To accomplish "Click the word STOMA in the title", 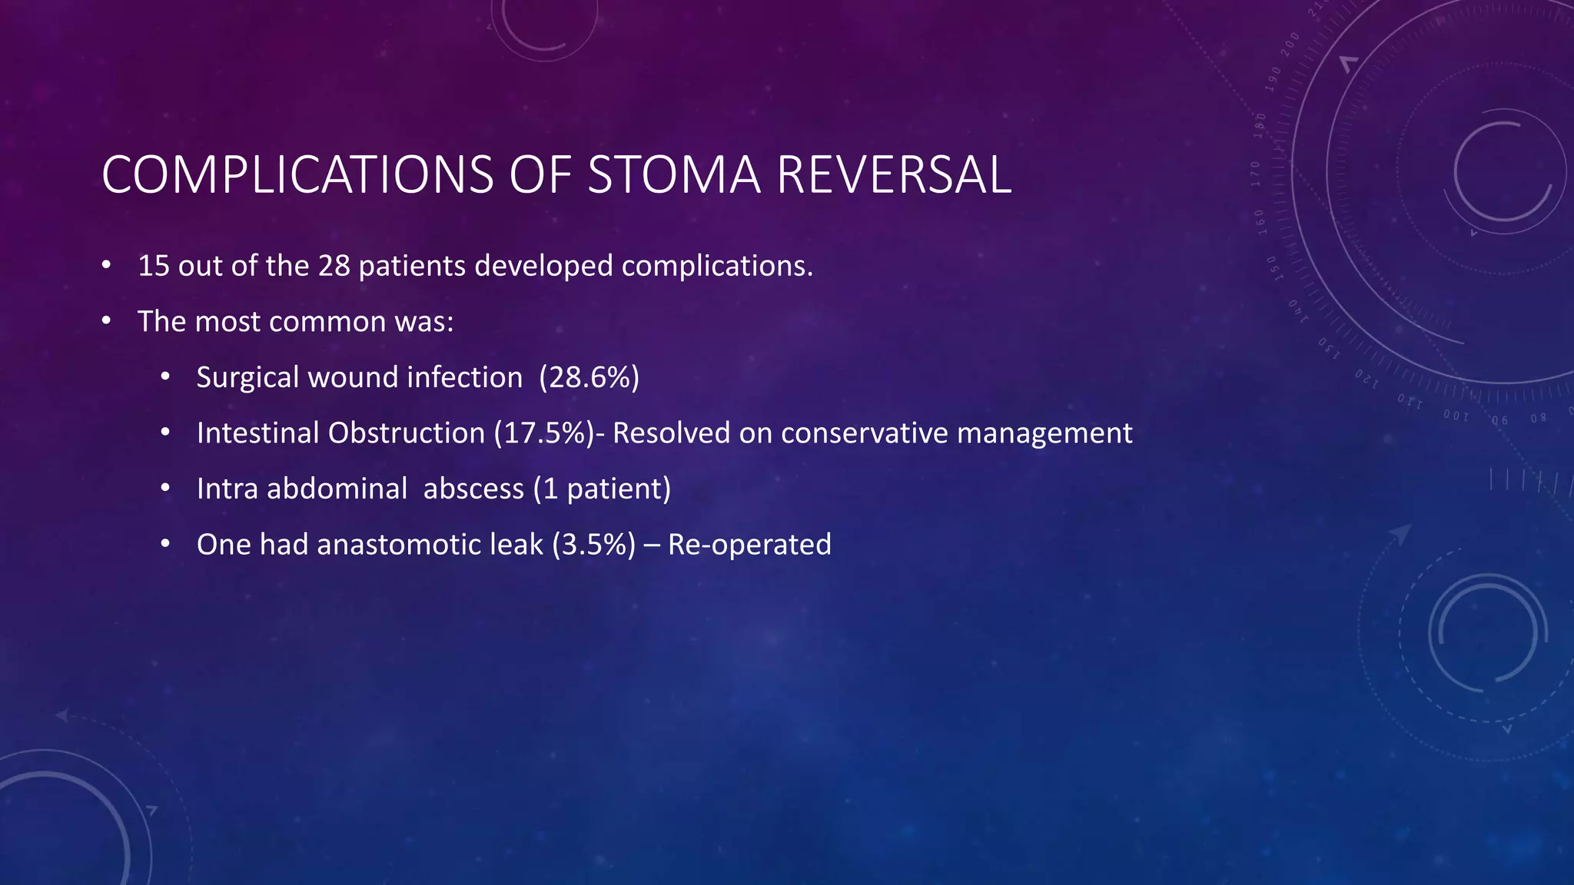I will tap(673, 175).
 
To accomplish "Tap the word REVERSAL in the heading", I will tap(893, 175).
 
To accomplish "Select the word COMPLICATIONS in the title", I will tap(297, 175).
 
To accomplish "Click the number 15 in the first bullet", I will tap(154, 266).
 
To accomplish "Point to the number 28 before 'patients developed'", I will tap(334, 266).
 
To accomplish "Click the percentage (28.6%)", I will tap(589, 377).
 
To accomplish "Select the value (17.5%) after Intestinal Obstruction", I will tap(544, 433).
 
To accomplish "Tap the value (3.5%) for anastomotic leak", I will tap(593, 545).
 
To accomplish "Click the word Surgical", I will tap(247, 378).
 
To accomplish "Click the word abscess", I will tap(473, 489).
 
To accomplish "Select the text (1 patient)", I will tap(602, 489).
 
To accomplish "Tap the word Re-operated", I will tap(749, 545).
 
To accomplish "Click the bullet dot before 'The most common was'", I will tap(107, 321).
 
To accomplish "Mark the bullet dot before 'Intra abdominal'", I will tap(165, 489).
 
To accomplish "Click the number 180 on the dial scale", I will tap(1260, 125).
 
